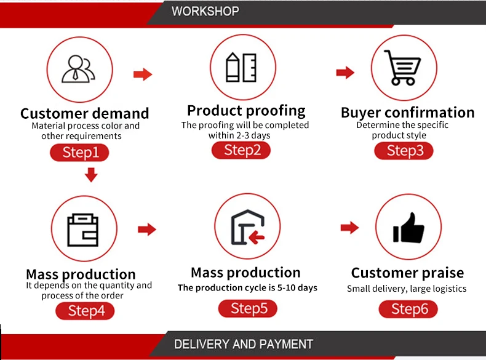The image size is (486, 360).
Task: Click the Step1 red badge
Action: [79, 152]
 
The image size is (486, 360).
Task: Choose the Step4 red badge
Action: [86, 311]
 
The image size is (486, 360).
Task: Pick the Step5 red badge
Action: [249, 308]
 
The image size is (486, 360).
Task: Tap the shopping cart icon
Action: [403, 68]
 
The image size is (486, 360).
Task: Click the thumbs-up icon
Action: [408, 229]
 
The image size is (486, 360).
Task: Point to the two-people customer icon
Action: [79, 69]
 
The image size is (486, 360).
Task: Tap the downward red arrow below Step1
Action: [91, 175]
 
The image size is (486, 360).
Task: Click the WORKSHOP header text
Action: [205, 11]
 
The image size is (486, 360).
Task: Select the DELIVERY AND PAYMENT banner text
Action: [244, 345]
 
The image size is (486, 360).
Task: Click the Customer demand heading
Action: [85, 113]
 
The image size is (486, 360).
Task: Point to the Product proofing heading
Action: [246, 111]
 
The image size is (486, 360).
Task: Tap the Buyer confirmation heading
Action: [407, 113]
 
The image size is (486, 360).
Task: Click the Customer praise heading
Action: [407, 273]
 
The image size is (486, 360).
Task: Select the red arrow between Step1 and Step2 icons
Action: [143, 74]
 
